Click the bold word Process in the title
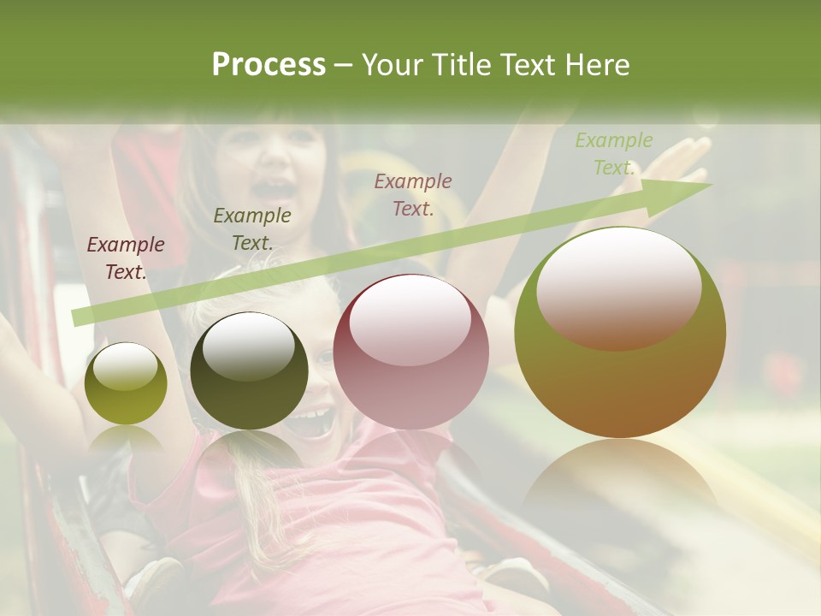point(269,65)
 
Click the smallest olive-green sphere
point(126,383)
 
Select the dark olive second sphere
point(249,371)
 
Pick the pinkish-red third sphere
point(411,352)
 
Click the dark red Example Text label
point(126,258)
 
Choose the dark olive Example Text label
point(252,229)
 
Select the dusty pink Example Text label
point(413,194)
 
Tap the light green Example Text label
point(614,154)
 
